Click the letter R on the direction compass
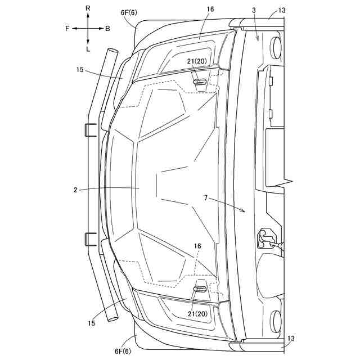pyautogui.click(x=88, y=8)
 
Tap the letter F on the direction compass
pyautogui.click(x=67, y=28)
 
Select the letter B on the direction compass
pyautogui.click(x=108, y=28)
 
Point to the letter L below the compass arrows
pyautogui.click(x=88, y=49)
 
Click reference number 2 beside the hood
pyautogui.click(x=75, y=190)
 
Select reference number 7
pyautogui.click(x=206, y=199)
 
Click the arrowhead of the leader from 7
pyautogui.click(x=244, y=211)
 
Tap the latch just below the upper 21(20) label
pyautogui.click(x=200, y=82)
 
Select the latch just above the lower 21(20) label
pyautogui.click(x=200, y=289)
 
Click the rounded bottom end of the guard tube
pyautogui.click(x=112, y=318)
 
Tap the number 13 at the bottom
pyautogui.click(x=290, y=339)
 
